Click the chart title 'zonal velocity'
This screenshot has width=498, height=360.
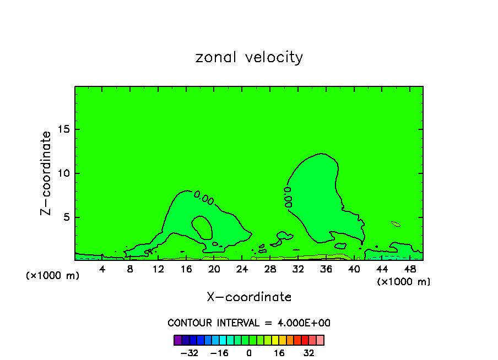tap(249, 57)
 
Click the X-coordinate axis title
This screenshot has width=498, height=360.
tap(249, 297)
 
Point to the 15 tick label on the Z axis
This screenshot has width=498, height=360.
tap(62, 129)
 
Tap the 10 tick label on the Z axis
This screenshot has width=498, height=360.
tap(62, 173)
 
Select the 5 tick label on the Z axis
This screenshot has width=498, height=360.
tap(64, 217)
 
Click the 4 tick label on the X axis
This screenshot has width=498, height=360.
tap(102, 270)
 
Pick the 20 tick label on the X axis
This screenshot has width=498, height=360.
tap(214, 270)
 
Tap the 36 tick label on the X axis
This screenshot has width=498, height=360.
tap(326, 270)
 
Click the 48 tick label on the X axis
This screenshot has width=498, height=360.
tap(409, 270)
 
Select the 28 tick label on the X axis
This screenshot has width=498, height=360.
tap(270, 270)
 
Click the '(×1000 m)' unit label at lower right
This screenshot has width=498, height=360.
tap(404, 282)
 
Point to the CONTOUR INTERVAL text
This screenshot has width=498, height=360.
tap(249, 323)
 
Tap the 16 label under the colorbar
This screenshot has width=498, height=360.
tap(279, 353)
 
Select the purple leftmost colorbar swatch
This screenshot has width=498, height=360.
tap(177, 340)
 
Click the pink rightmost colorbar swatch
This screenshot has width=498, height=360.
tap(320, 340)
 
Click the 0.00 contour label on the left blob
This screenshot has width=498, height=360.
tap(204, 197)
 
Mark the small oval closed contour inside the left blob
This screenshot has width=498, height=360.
tap(202, 227)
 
